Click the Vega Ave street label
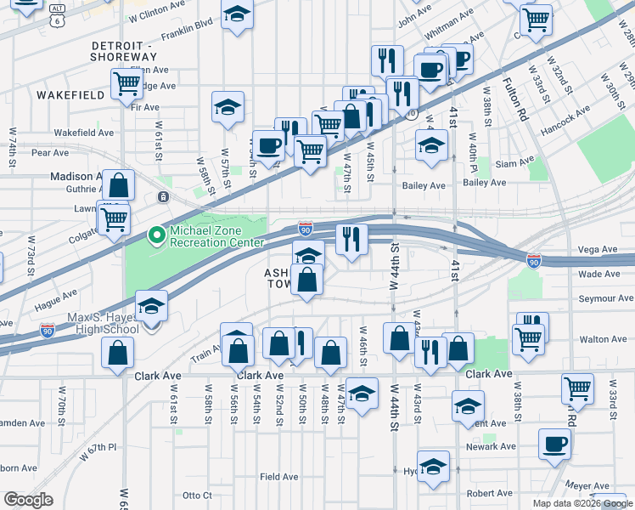click(x=598, y=249)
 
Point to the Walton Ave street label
click(x=602, y=339)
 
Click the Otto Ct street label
click(x=196, y=495)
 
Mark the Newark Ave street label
click(x=490, y=446)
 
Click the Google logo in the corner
click(x=28, y=500)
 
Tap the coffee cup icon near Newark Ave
click(x=555, y=443)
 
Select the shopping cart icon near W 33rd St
click(x=577, y=388)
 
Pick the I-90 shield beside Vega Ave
click(x=533, y=259)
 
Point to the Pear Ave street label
click(x=49, y=153)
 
